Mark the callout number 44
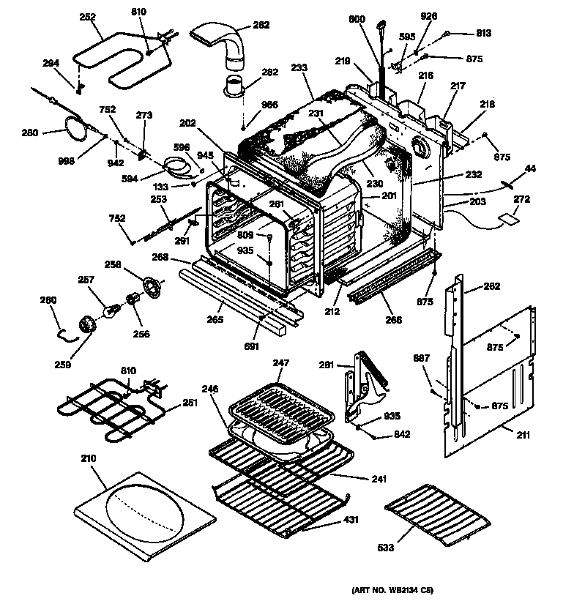530,169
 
